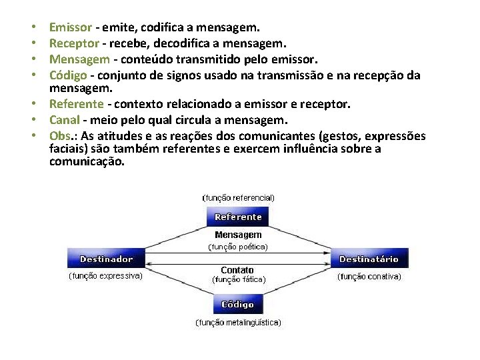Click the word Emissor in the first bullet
tap(71, 28)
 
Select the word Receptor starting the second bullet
tap(74, 43)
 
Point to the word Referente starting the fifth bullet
tap(77, 105)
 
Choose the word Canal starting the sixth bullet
tap(65, 120)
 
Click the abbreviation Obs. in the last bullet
tap(61, 136)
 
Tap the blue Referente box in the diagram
tap(238, 217)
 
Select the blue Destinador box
tap(106, 259)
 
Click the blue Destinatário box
tap(369, 259)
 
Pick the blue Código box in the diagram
tap(238, 304)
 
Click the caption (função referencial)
tap(238, 198)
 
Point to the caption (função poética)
tap(238, 247)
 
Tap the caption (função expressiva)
tap(106, 276)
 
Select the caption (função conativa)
tap(369, 276)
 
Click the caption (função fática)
tap(238, 280)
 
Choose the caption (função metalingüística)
tap(238, 323)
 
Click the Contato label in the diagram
tap(238, 270)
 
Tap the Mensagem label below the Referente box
tap(238, 235)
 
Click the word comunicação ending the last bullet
tap(86, 162)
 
